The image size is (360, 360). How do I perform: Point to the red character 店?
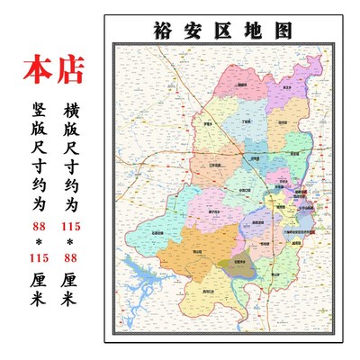pos(76,69)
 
